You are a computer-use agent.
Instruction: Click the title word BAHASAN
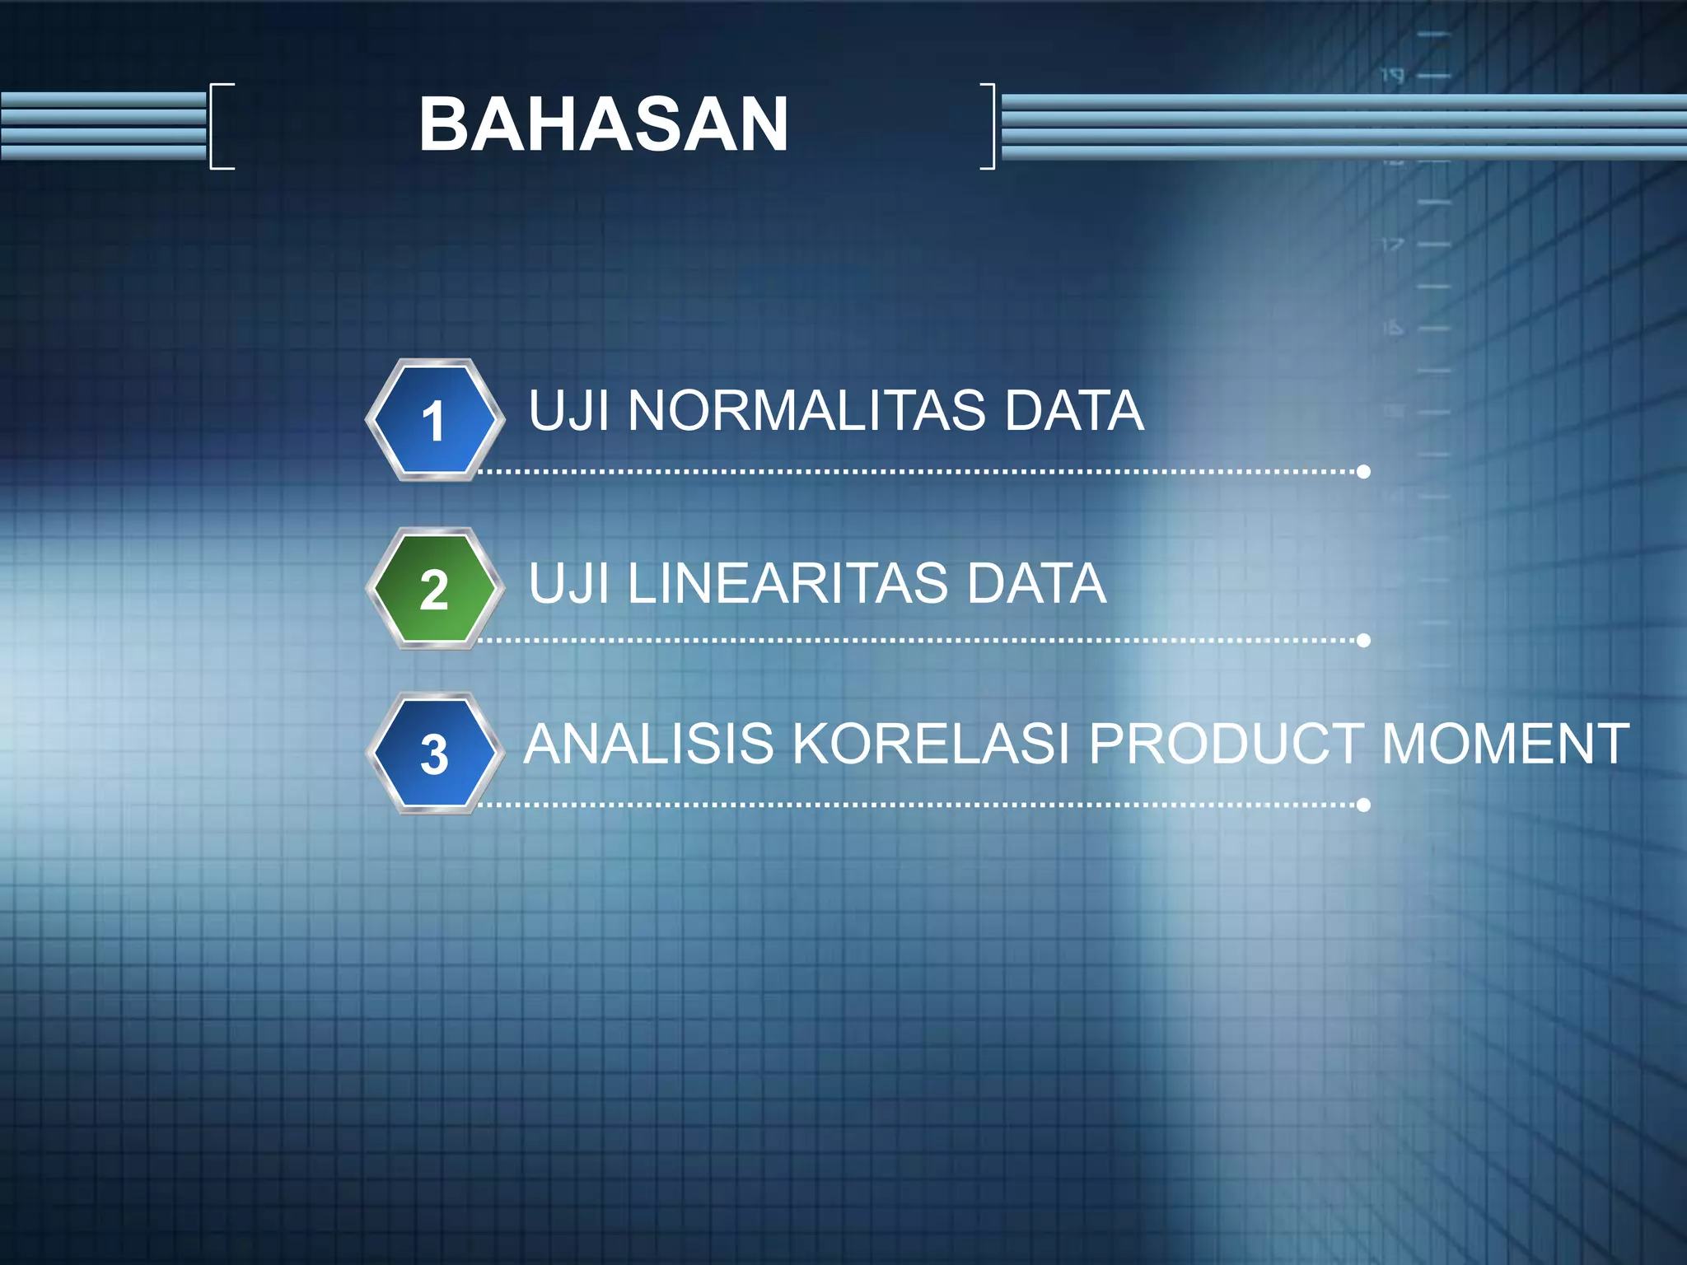[603, 124]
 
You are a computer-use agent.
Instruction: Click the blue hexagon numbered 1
[434, 420]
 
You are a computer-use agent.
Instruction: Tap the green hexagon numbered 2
[434, 589]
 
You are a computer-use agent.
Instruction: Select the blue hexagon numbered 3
[434, 754]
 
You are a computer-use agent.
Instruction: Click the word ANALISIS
[648, 744]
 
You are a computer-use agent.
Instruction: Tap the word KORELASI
[930, 744]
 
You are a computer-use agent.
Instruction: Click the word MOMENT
[1505, 744]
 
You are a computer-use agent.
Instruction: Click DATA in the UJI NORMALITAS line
[1073, 410]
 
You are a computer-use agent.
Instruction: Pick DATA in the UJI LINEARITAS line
[1035, 583]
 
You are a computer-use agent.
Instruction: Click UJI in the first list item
[568, 410]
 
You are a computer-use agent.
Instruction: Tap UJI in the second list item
[568, 583]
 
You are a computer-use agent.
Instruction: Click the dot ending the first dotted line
[1363, 472]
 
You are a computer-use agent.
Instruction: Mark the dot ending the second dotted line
[1363, 640]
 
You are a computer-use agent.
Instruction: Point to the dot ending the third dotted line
[1363, 805]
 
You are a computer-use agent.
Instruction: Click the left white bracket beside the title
[216, 126]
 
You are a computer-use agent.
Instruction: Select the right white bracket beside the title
[990, 126]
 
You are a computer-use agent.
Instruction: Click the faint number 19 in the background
[1392, 76]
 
